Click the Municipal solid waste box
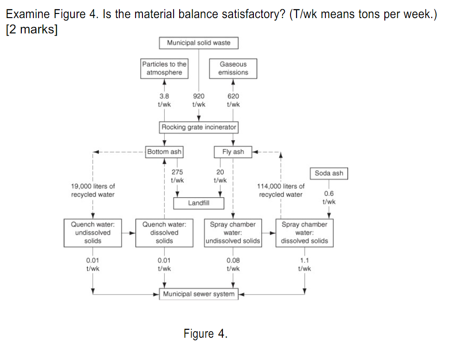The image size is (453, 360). coord(199,43)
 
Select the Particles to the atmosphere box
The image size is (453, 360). coord(164,68)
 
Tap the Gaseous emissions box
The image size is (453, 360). coord(233,68)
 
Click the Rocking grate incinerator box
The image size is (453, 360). coord(199,127)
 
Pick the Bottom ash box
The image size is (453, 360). coord(164,152)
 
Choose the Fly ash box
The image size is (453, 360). coord(233,152)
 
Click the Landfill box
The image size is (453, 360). coord(199,203)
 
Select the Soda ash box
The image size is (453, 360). coord(329,173)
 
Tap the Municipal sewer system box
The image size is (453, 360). coord(199,294)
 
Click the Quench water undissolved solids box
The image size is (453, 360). coord(93,232)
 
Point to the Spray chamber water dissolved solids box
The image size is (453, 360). coord(304,232)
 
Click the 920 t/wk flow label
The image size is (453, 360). coord(199,100)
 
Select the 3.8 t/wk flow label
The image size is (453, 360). coord(164,100)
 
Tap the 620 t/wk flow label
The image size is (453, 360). coord(233,100)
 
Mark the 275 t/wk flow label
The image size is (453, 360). coord(177,176)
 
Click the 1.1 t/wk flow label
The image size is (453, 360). coord(304,264)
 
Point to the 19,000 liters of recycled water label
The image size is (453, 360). coord(93,190)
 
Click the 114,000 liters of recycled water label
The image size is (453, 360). coord(280,190)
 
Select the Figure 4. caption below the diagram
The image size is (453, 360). coord(206,334)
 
